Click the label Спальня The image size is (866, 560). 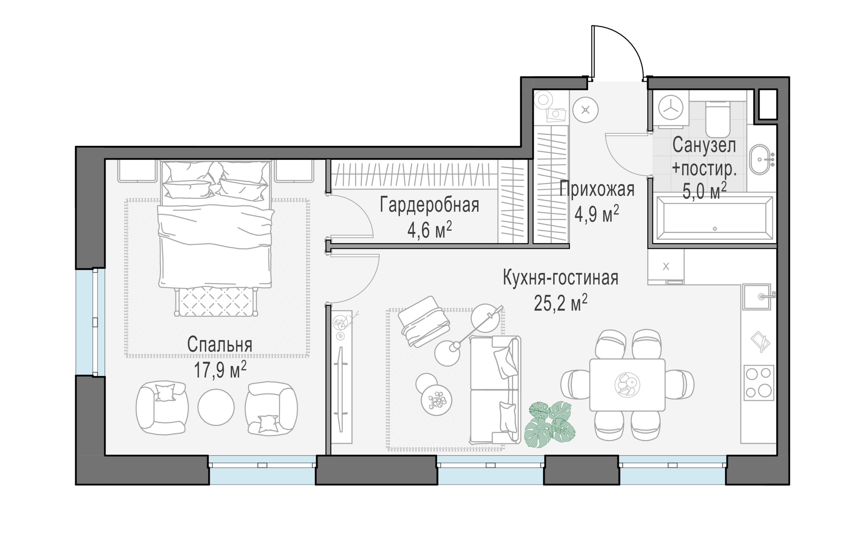[x=219, y=345]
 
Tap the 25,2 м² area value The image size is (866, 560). [x=560, y=303]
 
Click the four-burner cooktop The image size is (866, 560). [x=759, y=383]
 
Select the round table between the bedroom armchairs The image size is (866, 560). [x=216, y=407]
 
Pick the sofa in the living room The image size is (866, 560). [x=495, y=390]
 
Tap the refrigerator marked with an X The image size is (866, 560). [x=665, y=266]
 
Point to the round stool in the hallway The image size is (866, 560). [x=585, y=110]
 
